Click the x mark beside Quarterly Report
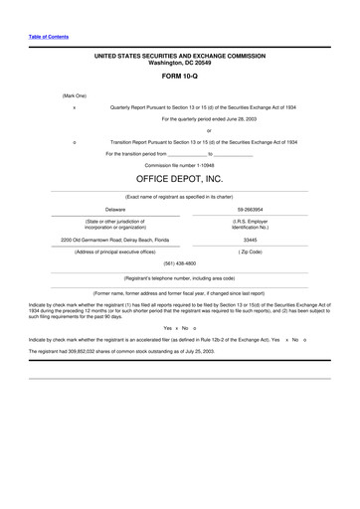tap(75, 105)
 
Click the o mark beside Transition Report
tap(75, 142)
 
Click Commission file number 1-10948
tap(180, 165)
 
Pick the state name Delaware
tap(115, 210)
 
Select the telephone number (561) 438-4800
tap(180, 263)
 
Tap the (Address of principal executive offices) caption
tap(115, 252)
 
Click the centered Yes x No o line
tap(180, 327)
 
